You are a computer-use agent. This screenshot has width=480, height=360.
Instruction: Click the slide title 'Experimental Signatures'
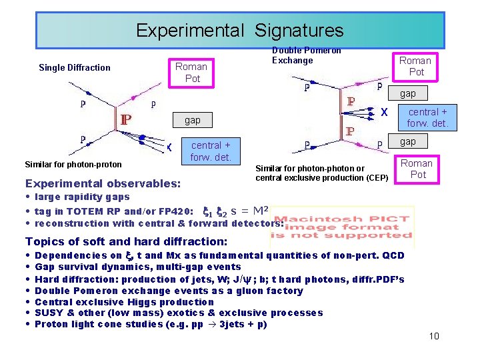coord(239,31)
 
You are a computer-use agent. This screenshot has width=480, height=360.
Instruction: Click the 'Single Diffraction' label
coord(75,67)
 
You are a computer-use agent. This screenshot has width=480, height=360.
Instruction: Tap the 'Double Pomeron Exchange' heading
coord(306,55)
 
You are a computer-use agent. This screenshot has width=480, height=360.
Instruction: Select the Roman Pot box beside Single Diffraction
coord(191,72)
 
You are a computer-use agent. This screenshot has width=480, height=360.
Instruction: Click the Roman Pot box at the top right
coord(415,66)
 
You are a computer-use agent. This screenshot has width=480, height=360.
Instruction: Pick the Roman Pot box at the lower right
coord(417,169)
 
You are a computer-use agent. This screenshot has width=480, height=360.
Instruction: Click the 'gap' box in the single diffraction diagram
coord(192,120)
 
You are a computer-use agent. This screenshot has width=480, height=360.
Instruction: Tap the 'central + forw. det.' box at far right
coord(428,117)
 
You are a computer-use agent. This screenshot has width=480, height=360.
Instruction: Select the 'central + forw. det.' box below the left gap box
coord(211,151)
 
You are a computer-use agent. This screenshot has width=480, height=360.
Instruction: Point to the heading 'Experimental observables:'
coord(102,183)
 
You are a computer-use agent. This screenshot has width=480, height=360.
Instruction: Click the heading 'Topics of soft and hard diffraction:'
coord(126,241)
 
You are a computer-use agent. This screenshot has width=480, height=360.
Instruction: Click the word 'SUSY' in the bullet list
coord(47,313)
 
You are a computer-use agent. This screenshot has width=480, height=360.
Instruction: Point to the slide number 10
coord(434,336)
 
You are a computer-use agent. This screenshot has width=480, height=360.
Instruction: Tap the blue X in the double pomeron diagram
coord(385,113)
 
